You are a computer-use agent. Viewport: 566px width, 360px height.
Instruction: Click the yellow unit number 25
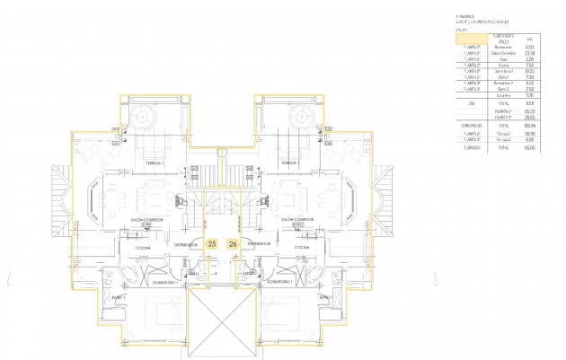[x=212, y=243]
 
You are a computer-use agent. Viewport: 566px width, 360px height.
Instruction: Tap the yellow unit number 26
[x=234, y=243]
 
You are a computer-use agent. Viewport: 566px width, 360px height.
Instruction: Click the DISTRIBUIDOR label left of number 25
[x=186, y=243]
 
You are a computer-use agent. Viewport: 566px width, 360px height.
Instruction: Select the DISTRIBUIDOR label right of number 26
[x=259, y=243]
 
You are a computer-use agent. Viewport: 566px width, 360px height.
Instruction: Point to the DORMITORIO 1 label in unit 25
[x=166, y=280]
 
